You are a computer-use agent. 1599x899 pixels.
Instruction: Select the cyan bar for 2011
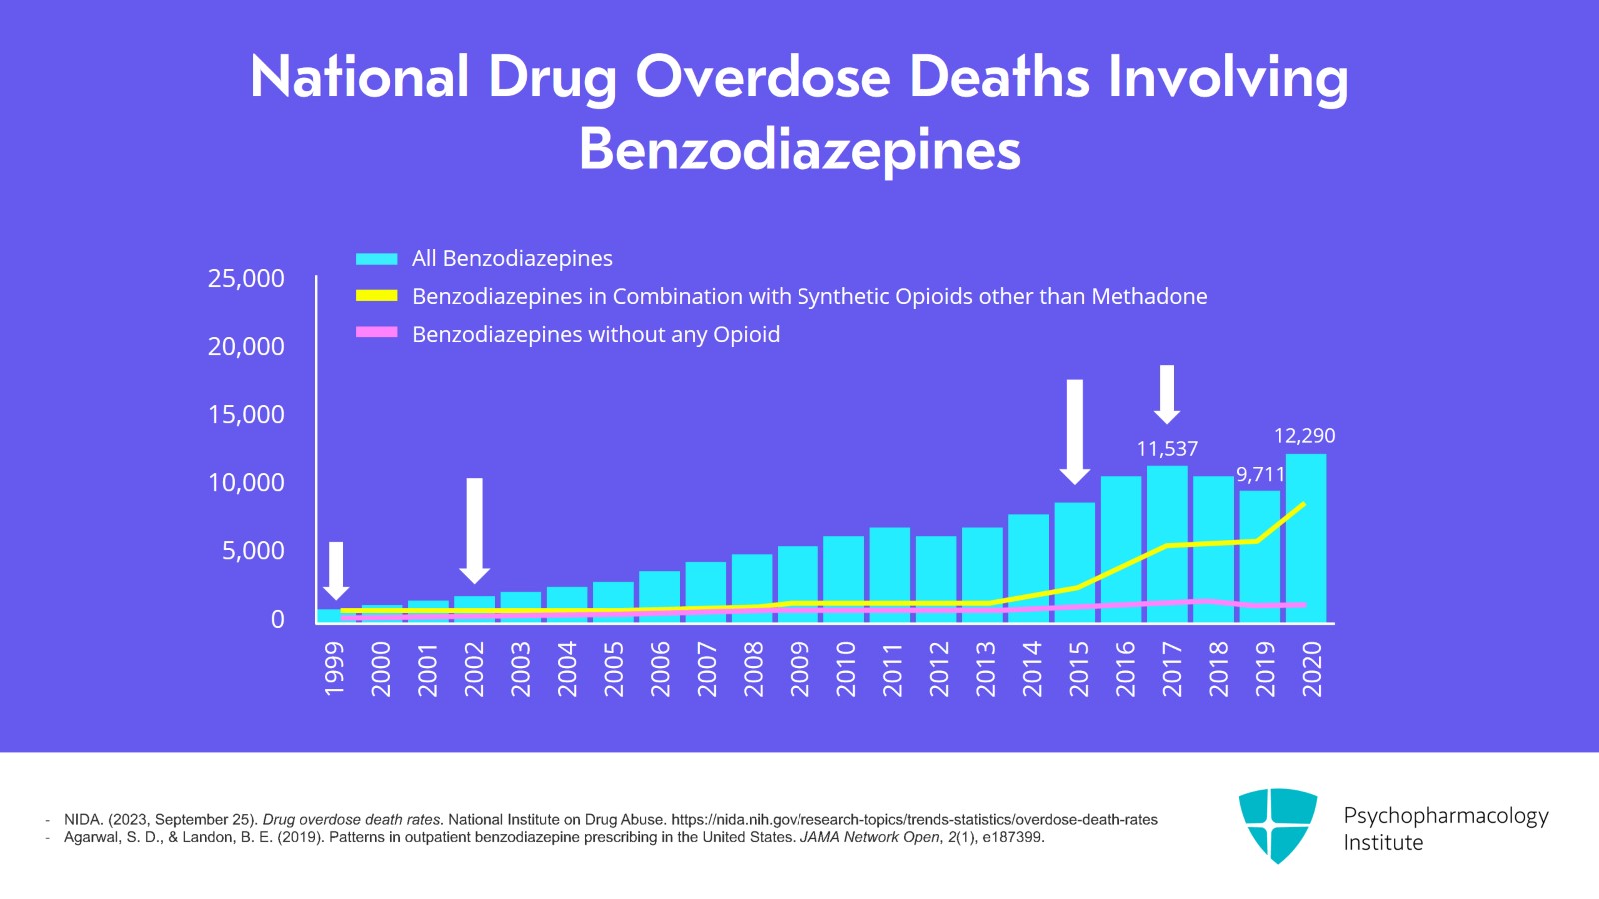pyautogui.click(x=889, y=574)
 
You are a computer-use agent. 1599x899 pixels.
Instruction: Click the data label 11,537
pyautogui.click(x=1167, y=449)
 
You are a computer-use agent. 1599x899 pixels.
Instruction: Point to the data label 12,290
pyautogui.click(x=1304, y=436)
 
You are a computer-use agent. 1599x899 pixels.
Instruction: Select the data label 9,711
pyautogui.click(x=1259, y=474)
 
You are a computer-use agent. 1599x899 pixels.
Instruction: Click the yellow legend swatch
pyautogui.click(x=377, y=296)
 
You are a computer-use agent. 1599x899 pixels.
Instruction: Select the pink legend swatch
pyautogui.click(x=377, y=332)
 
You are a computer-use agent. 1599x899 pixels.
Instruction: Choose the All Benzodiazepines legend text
pyautogui.click(x=512, y=258)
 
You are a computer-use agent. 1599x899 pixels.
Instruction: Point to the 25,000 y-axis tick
pyautogui.click(x=246, y=278)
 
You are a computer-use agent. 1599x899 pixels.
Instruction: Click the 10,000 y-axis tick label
pyautogui.click(x=246, y=483)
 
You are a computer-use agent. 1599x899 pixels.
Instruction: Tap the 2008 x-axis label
pyautogui.click(x=753, y=669)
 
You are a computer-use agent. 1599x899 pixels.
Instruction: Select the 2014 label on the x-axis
pyautogui.click(x=1031, y=669)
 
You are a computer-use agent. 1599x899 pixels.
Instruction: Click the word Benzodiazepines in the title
pyautogui.click(x=799, y=150)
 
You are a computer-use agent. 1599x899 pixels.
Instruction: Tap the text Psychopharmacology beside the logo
pyautogui.click(x=1445, y=816)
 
